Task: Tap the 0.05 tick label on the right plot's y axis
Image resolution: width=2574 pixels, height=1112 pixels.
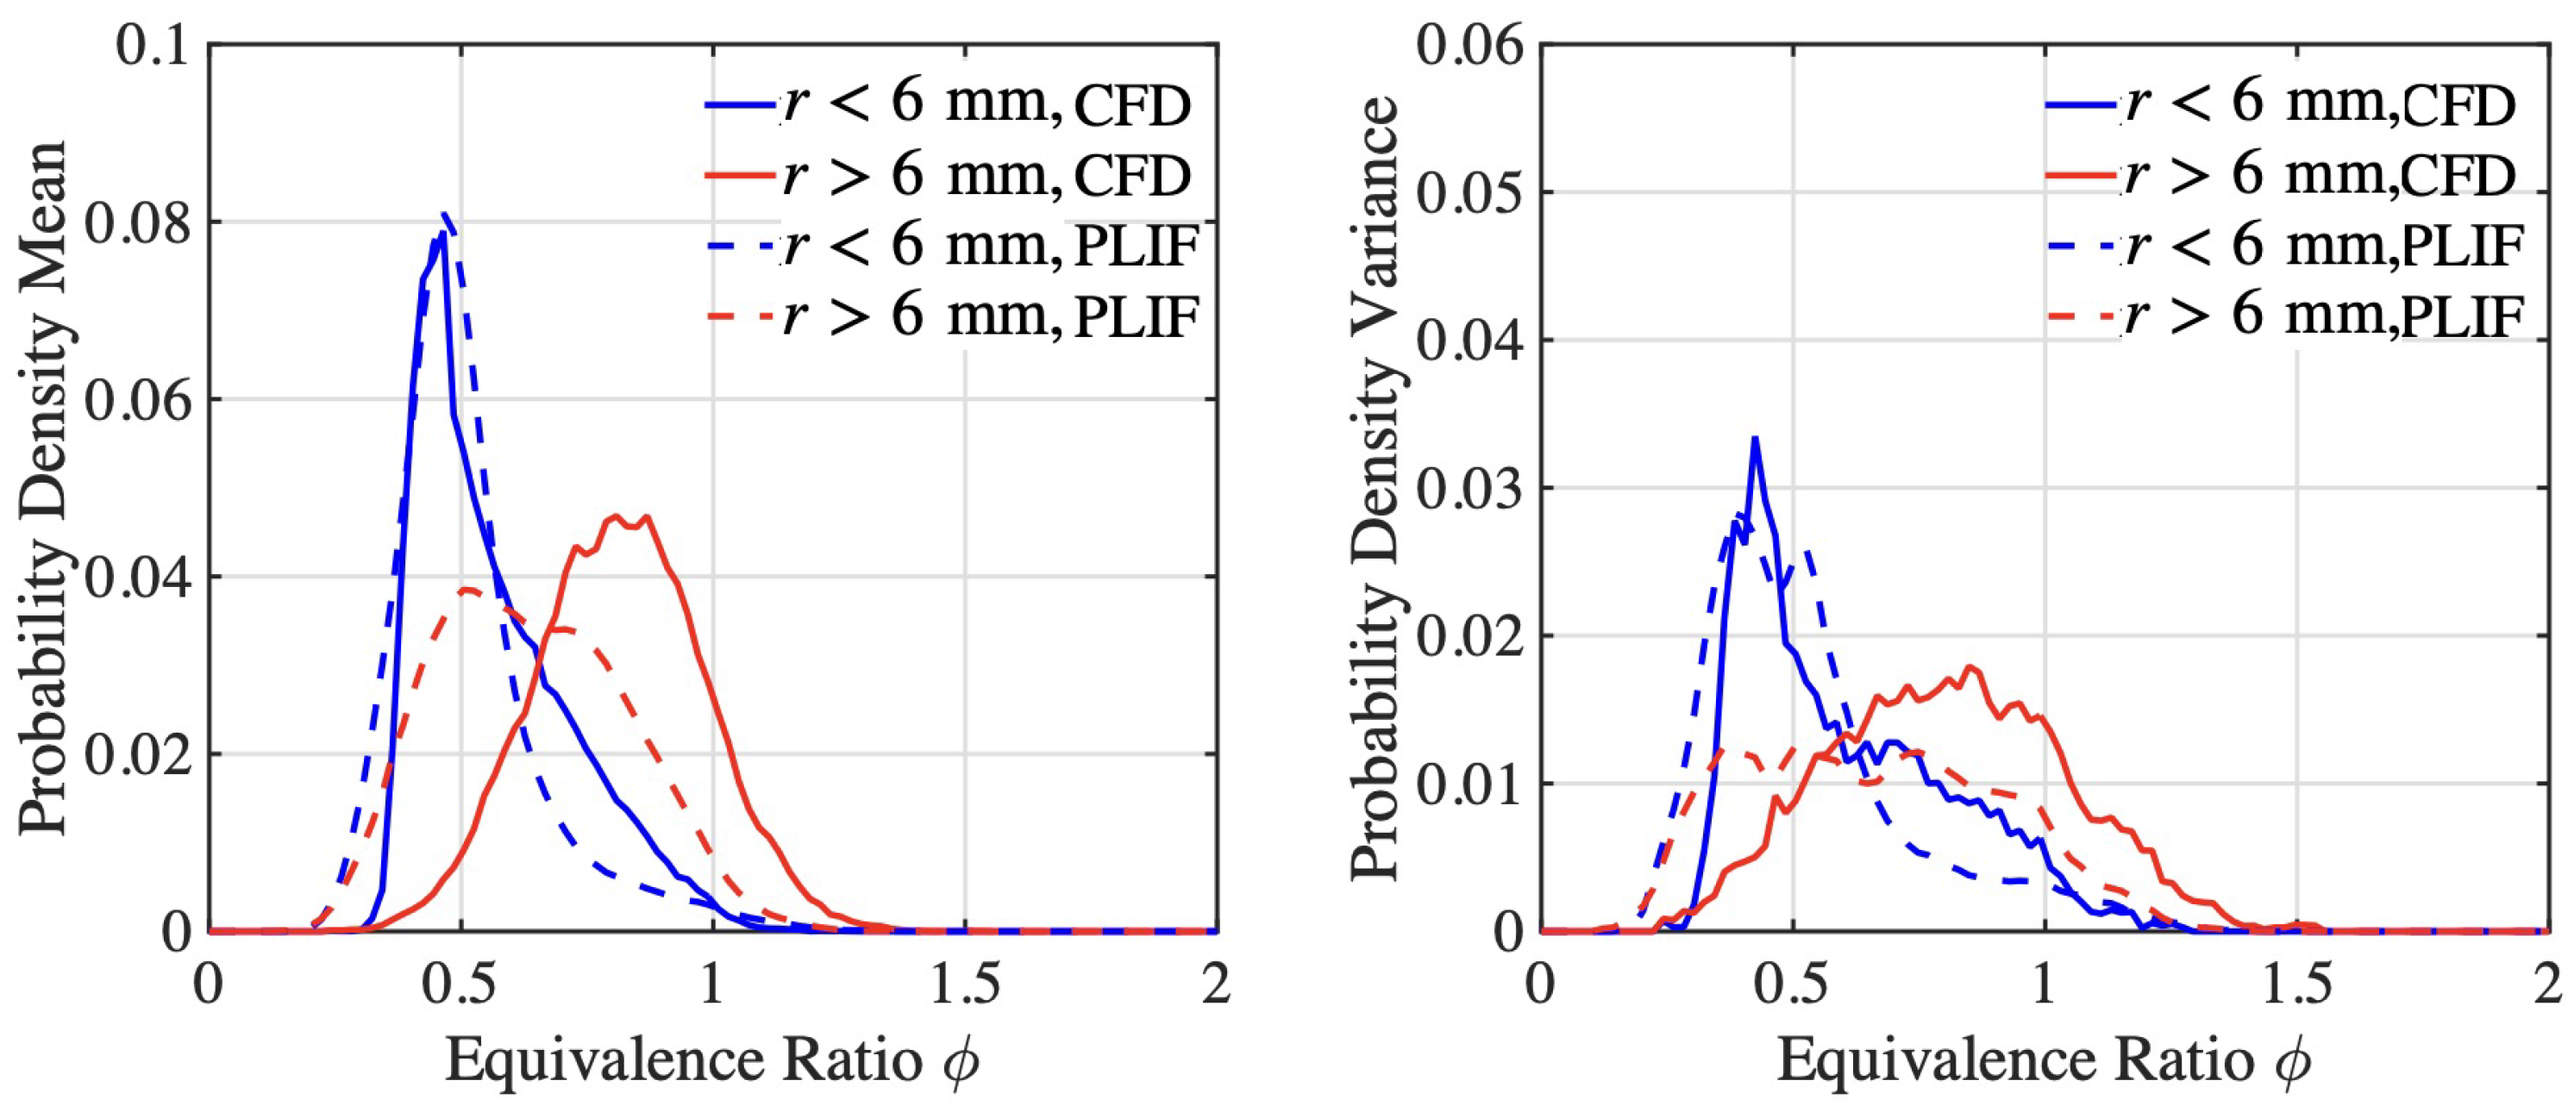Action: point(1470,192)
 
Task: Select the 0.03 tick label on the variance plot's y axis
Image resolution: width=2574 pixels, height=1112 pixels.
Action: point(1470,489)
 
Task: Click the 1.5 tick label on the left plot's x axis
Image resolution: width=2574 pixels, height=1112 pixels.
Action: point(964,985)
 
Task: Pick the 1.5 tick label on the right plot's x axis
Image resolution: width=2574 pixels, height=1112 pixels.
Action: point(2296,985)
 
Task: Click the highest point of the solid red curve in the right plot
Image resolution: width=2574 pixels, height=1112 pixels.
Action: point(1970,666)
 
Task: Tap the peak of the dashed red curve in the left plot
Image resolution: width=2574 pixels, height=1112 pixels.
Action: point(467,590)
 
